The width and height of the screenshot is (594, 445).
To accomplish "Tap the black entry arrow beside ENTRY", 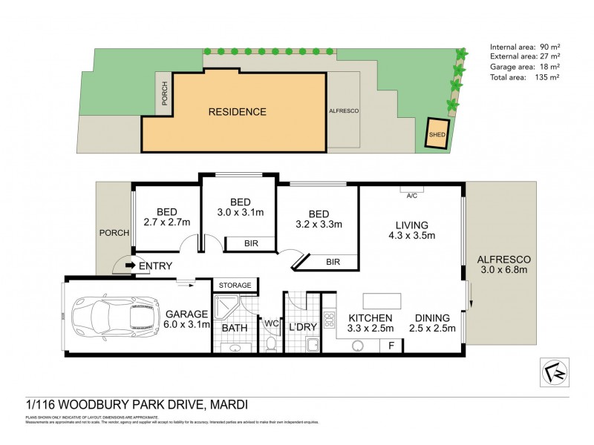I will [130, 265].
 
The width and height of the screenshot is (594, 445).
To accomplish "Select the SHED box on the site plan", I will [435, 135].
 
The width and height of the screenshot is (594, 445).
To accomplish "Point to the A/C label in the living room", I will [412, 197].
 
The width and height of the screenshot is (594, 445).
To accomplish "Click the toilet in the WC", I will [270, 343].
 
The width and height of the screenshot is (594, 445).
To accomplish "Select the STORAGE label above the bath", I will [235, 285].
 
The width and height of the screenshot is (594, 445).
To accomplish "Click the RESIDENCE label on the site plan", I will [237, 112].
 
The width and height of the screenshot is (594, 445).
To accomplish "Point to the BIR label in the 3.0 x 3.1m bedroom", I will [250, 243].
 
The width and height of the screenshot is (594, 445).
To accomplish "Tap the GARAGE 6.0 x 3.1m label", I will [187, 319].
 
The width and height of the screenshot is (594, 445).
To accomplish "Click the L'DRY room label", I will [302, 327].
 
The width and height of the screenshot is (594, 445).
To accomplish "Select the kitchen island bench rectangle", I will [381, 300].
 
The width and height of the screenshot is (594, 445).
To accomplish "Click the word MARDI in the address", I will [226, 405].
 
